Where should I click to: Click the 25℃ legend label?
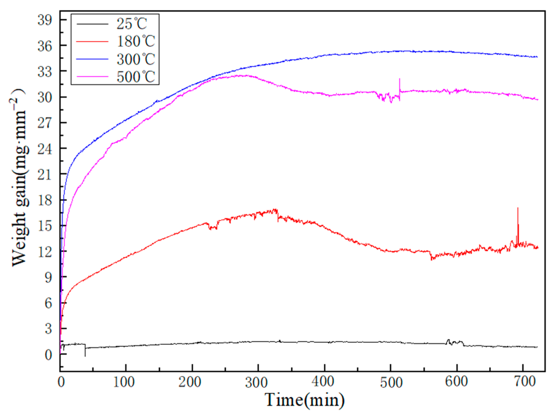[x=131, y=24]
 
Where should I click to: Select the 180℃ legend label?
[x=136, y=41]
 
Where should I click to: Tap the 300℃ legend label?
[x=136, y=59]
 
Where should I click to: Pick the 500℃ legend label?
[x=136, y=77]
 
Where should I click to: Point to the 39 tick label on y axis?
[x=45, y=20]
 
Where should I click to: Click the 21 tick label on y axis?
[x=45, y=174]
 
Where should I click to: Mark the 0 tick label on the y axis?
[x=48, y=355]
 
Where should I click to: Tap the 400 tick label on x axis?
[x=324, y=382]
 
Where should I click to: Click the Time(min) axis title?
[x=305, y=400]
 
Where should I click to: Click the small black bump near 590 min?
[x=448, y=341]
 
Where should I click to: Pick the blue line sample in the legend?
[x=92, y=59]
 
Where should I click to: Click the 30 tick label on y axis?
[x=45, y=97]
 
